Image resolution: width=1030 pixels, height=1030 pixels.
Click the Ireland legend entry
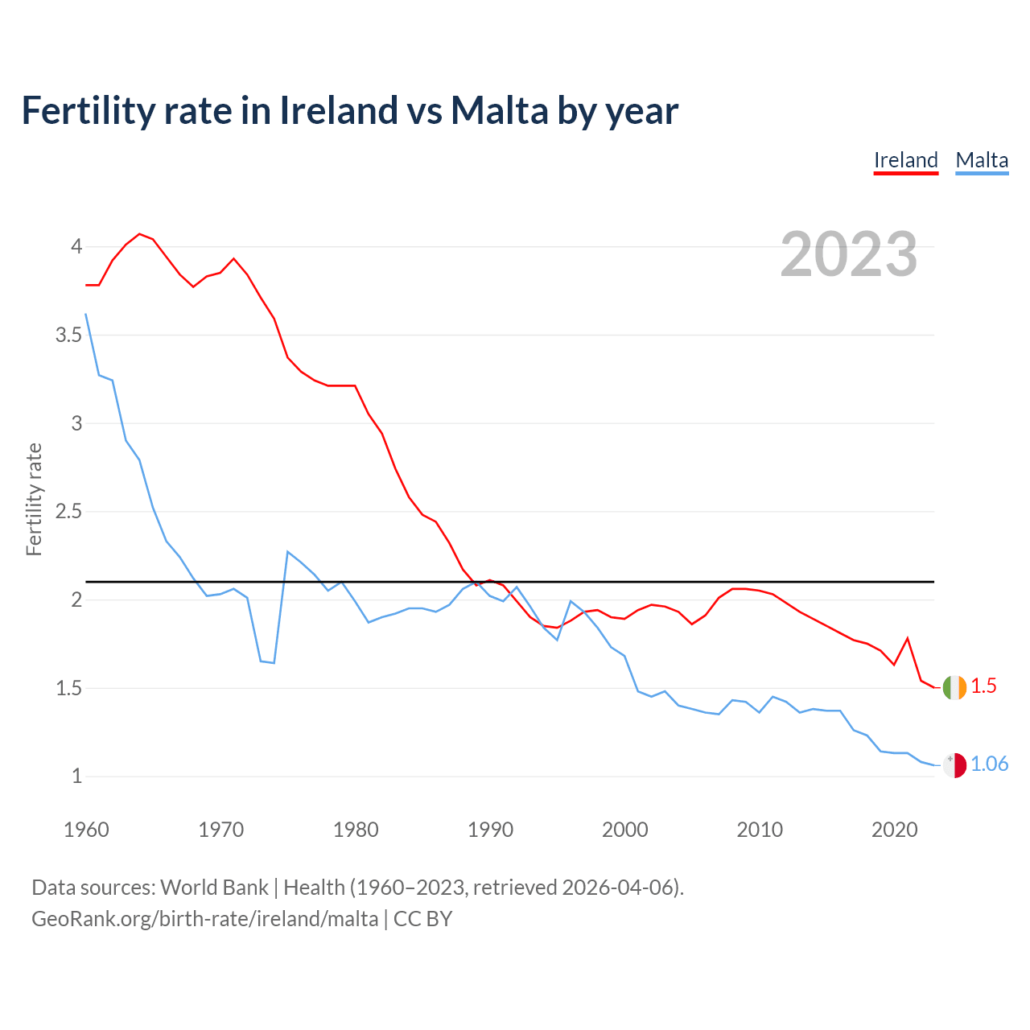[x=906, y=160]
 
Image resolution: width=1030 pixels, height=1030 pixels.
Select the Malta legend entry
[x=982, y=160]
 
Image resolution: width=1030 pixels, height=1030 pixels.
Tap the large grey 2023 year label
[x=849, y=254]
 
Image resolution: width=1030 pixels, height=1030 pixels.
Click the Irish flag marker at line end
[x=954, y=687]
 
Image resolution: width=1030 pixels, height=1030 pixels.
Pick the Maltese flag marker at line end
[x=954, y=765]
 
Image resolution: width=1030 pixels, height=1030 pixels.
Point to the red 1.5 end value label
[x=983, y=686]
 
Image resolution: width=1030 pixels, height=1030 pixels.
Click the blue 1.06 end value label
[x=989, y=764]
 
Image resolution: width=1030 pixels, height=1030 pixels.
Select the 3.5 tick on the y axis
[x=69, y=335]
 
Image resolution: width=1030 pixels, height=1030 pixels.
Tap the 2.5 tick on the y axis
[x=69, y=512]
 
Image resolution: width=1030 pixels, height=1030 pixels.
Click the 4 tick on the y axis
[x=76, y=246]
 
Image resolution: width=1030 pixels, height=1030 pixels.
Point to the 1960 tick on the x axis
[x=86, y=830]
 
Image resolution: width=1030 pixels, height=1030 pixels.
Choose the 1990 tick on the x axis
[x=490, y=830]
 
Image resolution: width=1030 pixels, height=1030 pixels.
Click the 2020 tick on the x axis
[x=894, y=830]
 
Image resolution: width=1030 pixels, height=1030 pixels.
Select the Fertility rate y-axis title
[x=34, y=499]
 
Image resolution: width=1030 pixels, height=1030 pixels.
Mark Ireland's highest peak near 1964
[x=139, y=234]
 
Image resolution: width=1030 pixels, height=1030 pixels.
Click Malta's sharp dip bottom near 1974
[x=274, y=663]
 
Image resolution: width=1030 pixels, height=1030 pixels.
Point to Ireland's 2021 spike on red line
[x=908, y=638]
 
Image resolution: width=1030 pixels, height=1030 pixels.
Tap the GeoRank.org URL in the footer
[x=204, y=919]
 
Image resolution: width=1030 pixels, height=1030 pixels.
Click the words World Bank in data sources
[x=214, y=888]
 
